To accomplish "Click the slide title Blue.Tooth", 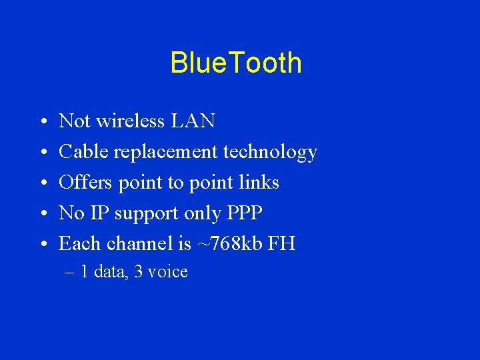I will point(236,63).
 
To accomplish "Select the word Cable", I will point(84,152).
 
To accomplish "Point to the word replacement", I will point(166,153).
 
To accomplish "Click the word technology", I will point(270,153).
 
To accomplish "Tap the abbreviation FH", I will point(281,244).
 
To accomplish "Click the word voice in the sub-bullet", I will point(169,272).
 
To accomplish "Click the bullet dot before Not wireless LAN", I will point(42,123).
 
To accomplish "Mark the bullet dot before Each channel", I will point(42,245).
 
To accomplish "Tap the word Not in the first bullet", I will point(75,121).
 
